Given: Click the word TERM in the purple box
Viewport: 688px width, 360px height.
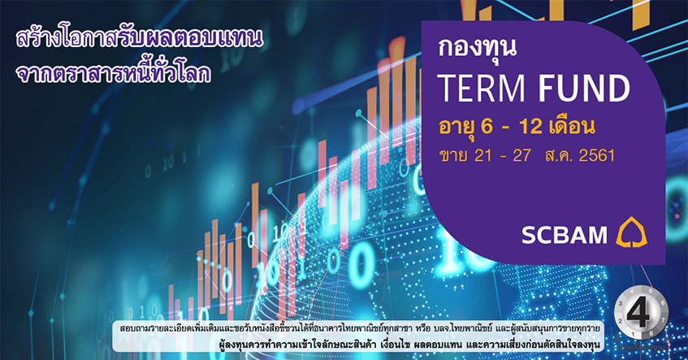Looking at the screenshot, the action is tap(482, 88).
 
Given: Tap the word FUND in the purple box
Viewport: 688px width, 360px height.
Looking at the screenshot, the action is tap(584, 88).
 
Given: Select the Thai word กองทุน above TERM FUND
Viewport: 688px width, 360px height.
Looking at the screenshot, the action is tap(477, 47).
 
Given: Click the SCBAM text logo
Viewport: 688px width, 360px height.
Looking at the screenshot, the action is tap(565, 236).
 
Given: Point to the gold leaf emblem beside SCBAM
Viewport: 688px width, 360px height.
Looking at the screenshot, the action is tap(632, 232).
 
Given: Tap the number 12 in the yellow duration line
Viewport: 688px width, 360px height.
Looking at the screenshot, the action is tap(531, 127).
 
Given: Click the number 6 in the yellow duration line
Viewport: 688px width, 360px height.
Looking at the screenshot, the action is tap(487, 127).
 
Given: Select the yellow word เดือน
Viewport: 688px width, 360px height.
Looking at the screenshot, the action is tap(572, 127).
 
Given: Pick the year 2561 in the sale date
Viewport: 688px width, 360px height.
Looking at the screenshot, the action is tap(597, 155).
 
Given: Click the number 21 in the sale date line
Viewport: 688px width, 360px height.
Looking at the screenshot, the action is tap(483, 155).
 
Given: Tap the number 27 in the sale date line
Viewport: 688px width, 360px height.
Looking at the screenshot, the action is tap(522, 155).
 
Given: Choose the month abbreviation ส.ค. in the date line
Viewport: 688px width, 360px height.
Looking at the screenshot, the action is tap(558, 155).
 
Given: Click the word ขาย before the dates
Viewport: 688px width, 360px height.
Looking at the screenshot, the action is tap(453, 155).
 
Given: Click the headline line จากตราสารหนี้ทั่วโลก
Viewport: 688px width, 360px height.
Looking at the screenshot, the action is tap(113, 73).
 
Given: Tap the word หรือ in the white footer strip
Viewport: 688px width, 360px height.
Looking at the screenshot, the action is tap(422, 329).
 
